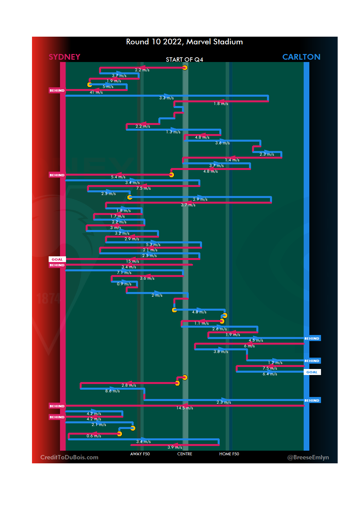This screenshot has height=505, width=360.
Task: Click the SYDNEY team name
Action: tap(64, 57)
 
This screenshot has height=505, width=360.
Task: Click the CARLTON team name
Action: tap(301, 57)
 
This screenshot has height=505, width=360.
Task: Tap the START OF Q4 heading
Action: tap(184, 60)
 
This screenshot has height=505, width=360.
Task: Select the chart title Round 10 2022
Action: tap(184, 42)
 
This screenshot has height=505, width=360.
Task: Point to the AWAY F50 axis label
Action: tap(140, 454)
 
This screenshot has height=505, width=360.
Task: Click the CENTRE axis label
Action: tap(185, 454)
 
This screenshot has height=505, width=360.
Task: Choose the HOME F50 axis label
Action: tap(229, 454)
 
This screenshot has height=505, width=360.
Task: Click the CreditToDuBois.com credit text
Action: tap(69, 457)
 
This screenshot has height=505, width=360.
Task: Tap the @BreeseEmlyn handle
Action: tap(308, 457)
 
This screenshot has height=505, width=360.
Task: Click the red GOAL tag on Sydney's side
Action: tap(57, 259)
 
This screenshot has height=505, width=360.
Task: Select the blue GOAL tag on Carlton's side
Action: tap(312, 372)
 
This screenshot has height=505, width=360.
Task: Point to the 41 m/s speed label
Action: tap(96, 92)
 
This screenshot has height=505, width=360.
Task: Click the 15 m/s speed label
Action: tap(132, 261)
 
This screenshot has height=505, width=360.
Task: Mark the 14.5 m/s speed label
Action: tap(185, 408)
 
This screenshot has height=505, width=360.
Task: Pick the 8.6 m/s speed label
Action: tap(112, 391)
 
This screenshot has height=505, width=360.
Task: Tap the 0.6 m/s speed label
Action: tap(94, 436)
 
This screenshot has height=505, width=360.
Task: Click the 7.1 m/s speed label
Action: tap(124, 273)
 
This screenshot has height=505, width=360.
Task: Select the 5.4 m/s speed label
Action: tap(118, 177)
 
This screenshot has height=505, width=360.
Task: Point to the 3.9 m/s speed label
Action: tap(175, 447)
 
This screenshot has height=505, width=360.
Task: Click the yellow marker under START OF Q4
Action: tap(185, 68)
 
